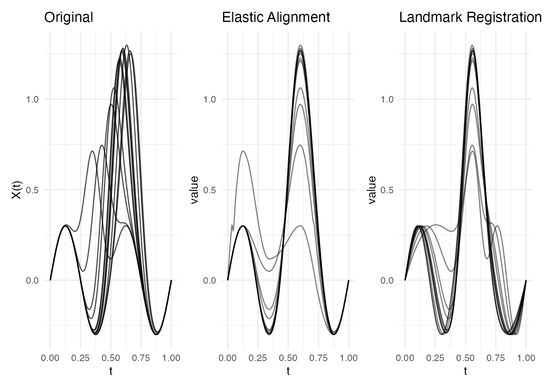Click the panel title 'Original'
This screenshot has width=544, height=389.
click(x=68, y=17)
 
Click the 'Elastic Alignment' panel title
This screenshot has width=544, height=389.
click(x=276, y=17)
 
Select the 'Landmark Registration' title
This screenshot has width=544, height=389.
click(x=470, y=17)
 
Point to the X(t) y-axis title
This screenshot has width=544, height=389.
click(x=17, y=190)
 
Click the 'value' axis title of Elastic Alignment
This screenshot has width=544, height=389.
click(x=194, y=190)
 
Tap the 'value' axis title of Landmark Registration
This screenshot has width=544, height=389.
click(x=372, y=190)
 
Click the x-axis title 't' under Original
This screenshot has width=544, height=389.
click(x=111, y=371)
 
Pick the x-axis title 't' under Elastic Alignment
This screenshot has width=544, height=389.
click(x=288, y=371)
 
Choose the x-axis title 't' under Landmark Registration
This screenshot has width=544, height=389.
click(x=465, y=371)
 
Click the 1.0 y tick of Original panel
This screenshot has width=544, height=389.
click(x=32, y=99)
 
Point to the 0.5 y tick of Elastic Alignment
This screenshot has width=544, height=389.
click(x=209, y=190)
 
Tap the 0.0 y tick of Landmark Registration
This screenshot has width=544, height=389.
click(x=387, y=280)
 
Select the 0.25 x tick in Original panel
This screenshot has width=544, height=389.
click(x=81, y=358)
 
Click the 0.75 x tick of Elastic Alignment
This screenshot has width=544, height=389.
click(x=319, y=358)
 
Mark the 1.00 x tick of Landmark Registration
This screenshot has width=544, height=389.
click(x=526, y=358)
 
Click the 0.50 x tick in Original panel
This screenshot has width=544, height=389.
click(x=111, y=358)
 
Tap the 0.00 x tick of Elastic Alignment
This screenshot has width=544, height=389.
click(x=227, y=358)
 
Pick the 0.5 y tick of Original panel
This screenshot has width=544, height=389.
click(x=32, y=190)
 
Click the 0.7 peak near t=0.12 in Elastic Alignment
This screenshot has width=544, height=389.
click(x=243, y=151)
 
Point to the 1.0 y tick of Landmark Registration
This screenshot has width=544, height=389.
click(x=387, y=99)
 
